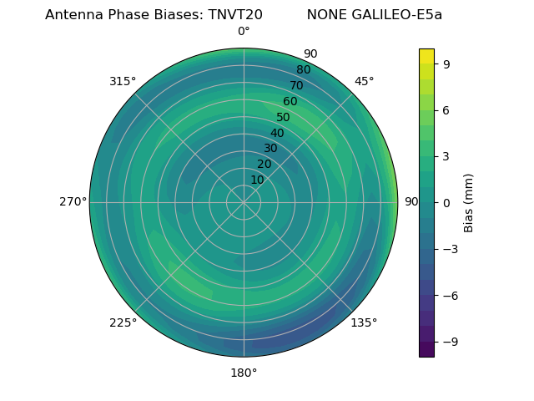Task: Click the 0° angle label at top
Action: (x=244, y=32)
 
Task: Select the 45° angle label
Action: (x=364, y=82)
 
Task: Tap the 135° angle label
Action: (x=364, y=322)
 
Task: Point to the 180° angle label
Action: (x=244, y=373)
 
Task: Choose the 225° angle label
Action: (x=123, y=322)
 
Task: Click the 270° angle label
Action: (x=73, y=202)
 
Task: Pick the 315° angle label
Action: (x=123, y=82)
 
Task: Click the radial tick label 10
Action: (x=258, y=180)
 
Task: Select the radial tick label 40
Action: (x=277, y=134)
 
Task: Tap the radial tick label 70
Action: (x=296, y=85)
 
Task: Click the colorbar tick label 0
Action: (x=446, y=202)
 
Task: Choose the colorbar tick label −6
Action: (x=449, y=296)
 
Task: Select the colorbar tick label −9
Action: (x=449, y=342)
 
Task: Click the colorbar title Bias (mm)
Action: (x=469, y=202)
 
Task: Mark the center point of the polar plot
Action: (x=244, y=202)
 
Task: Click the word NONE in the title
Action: (x=324, y=15)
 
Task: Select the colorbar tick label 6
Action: (x=446, y=109)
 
